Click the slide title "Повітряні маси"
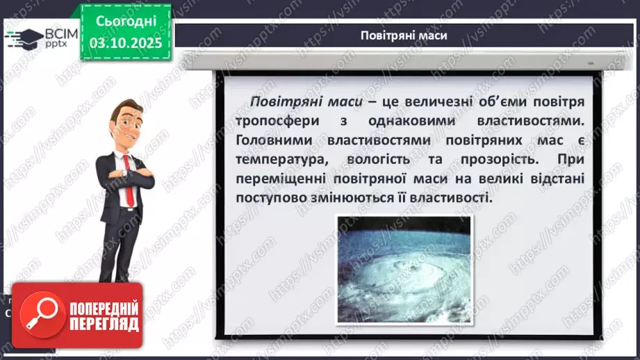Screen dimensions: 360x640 [404, 35]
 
